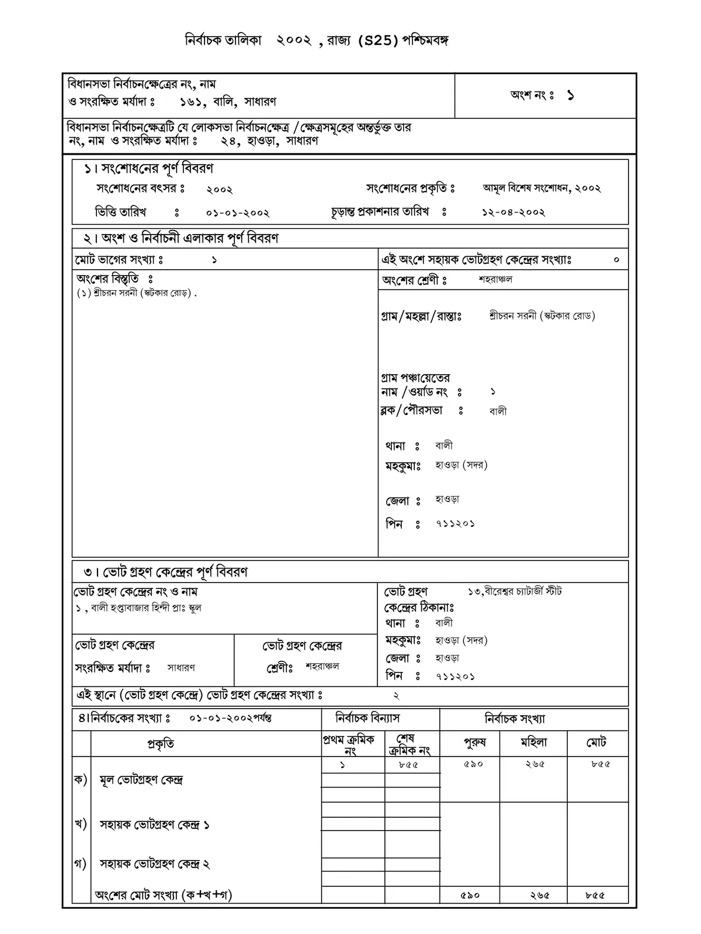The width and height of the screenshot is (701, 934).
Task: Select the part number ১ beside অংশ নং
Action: pos(570,96)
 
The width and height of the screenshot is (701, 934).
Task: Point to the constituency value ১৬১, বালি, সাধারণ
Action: pos(228,102)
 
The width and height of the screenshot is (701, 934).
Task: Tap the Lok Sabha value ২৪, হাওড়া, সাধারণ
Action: pos(269,141)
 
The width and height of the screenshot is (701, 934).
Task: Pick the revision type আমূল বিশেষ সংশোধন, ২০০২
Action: pos(542,188)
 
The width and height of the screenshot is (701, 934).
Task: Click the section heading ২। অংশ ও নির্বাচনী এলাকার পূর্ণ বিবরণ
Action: pos(181,238)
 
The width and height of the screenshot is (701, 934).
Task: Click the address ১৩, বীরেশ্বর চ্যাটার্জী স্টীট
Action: pos(515,591)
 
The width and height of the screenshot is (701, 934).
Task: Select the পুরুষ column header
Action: pos(474,743)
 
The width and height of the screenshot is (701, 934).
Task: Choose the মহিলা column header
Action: pos(533,743)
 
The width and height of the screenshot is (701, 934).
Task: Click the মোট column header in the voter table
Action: pos(596,743)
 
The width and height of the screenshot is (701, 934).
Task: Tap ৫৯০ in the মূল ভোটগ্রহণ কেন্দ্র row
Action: pos(473,764)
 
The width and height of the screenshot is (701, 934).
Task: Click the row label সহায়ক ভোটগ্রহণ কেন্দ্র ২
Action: pos(155,864)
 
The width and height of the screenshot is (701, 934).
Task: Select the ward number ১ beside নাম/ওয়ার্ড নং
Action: pos(493,392)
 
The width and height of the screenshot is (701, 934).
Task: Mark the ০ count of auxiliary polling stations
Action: pos(616,260)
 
